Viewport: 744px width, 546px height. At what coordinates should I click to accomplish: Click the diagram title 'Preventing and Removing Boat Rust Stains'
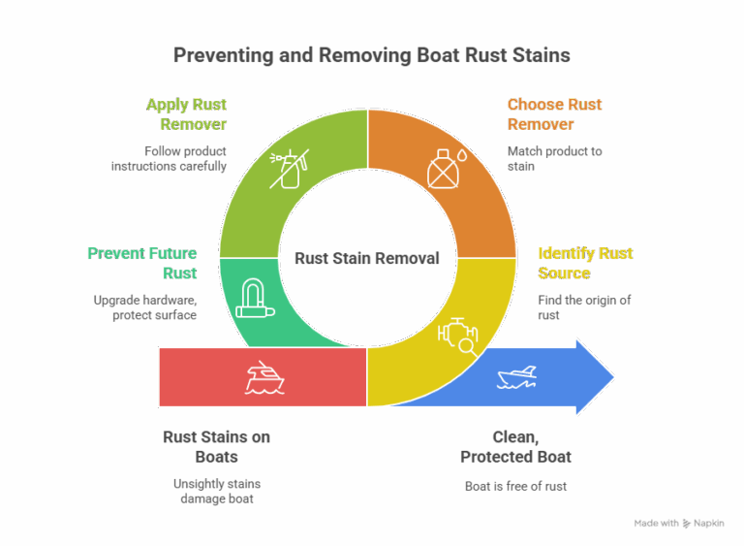point(371,55)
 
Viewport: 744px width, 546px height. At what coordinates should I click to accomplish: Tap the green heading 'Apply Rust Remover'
point(186,114)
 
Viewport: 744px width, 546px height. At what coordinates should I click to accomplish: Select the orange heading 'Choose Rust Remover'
point(554,114)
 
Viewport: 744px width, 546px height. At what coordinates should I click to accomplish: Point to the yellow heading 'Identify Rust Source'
point(585,263)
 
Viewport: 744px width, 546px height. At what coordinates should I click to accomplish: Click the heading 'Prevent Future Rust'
point(142,263)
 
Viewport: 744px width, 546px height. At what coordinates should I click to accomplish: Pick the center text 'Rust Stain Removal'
point(367,259)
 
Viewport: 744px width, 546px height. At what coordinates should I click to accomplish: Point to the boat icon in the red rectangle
point(263,377)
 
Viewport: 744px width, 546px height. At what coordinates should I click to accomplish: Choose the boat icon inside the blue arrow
point(517,377)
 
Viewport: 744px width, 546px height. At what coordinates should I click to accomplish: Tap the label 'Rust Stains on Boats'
point(216,447)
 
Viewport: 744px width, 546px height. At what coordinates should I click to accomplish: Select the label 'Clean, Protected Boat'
point(515,447)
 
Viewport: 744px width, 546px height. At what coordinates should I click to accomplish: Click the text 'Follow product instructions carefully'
point(170,158)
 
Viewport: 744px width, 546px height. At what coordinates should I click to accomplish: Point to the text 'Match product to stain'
point(554,158)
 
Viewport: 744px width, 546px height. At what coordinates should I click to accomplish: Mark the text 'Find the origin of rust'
point(584,306)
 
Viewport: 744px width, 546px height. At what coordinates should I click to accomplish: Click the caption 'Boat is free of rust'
point(515,485)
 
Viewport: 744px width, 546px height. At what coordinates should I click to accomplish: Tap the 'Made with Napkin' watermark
point(679,523)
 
